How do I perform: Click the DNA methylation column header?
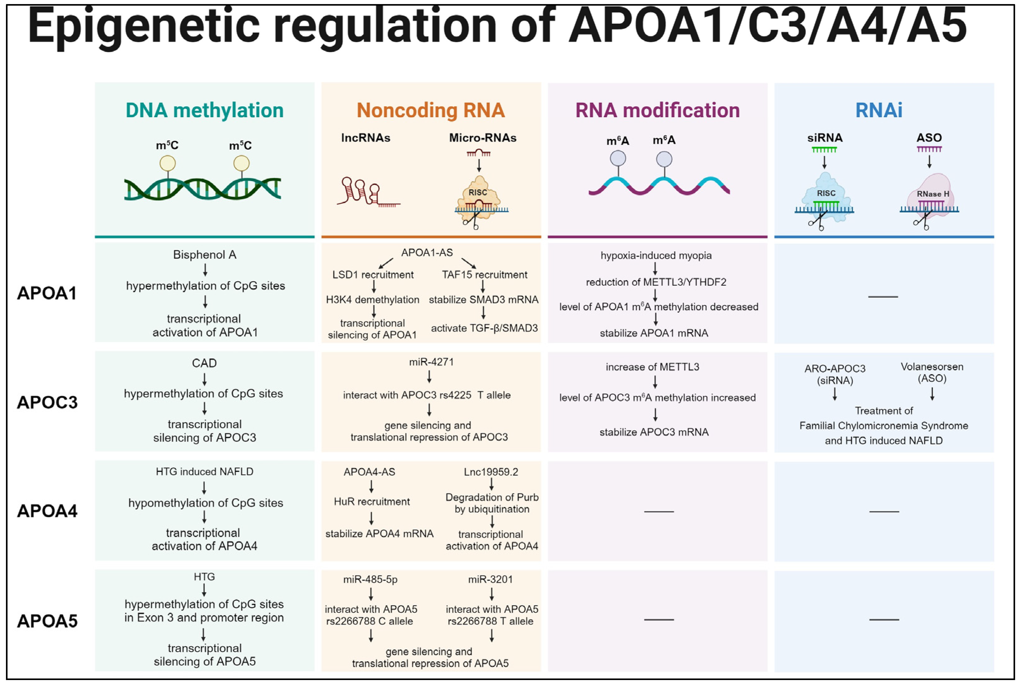204,110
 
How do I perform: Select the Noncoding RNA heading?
430,110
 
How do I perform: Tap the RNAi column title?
879,110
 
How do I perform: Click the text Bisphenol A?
204,255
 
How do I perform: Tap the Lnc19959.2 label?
491,472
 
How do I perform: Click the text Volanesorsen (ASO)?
932,372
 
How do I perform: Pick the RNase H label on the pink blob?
933,194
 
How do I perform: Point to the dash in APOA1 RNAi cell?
883,297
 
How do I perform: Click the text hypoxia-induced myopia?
656,256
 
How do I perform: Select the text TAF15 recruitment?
484,275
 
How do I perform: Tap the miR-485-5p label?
370,579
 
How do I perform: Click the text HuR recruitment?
372,502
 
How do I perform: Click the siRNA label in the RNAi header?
825,138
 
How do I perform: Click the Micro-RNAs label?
482,138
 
